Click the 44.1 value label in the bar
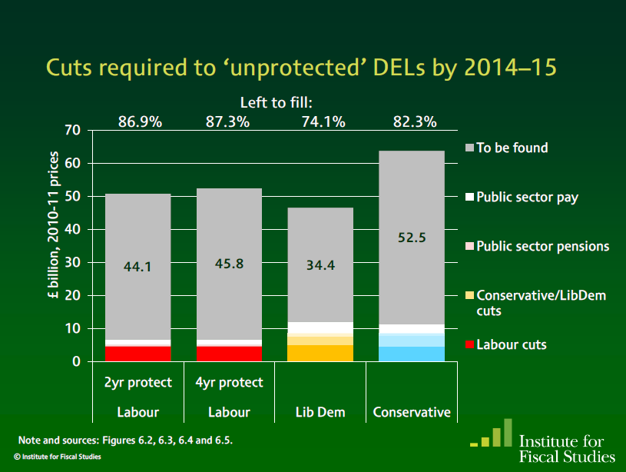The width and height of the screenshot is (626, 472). click(x=138, y=267)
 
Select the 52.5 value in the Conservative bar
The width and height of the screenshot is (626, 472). click(x=412, y=238)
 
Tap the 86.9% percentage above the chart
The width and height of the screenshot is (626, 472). click(x=140, y=121)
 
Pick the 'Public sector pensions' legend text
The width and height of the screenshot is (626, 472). click(x=542, y=247)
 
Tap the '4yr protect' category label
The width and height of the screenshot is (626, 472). click(x=230, y=382)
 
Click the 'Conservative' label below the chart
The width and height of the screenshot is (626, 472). click(x=412, y=413)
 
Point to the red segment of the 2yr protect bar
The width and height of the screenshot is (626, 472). click(x=138, y=354)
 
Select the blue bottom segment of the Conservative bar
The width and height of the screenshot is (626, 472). click(x=412, y=354)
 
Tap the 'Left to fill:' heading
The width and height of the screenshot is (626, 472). click(x=277, y=102)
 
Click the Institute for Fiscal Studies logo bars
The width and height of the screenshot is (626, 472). click(x=492, y=434)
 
